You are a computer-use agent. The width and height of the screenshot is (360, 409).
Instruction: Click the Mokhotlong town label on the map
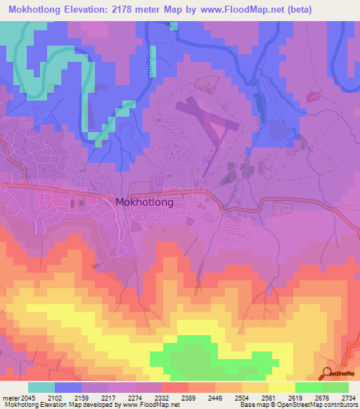point(143,201)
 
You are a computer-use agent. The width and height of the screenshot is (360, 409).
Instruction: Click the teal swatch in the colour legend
point(41,387)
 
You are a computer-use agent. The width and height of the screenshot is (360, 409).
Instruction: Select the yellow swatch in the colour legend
point(281,387)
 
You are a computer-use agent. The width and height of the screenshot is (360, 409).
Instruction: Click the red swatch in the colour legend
point(174,387)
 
